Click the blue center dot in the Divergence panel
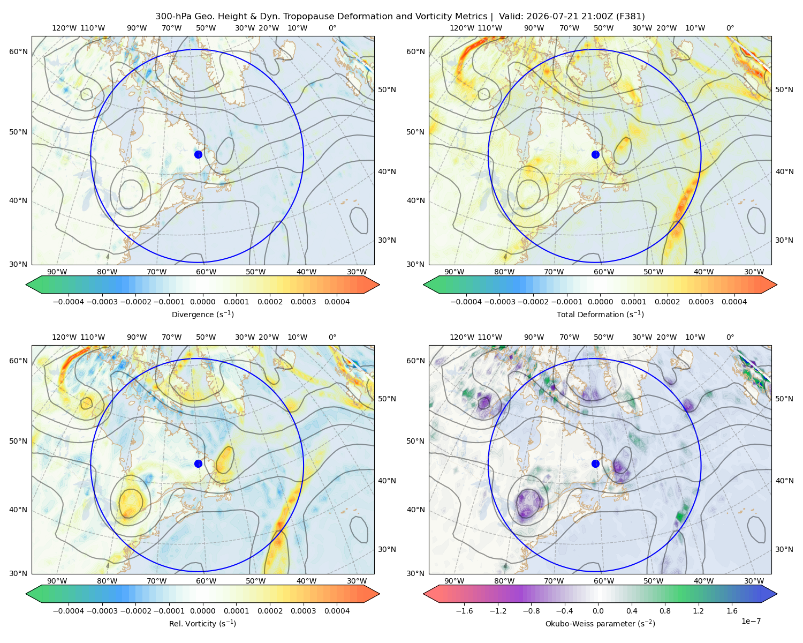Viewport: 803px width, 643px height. click(x=198, y=154)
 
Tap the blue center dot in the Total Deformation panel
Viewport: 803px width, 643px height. click(x=595, y=154)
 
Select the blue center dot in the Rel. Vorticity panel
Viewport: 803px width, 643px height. click(x=198, y=463)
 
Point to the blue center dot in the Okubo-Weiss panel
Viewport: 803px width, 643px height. click(x=595, y=463)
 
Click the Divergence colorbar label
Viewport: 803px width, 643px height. click(x=202, y=315)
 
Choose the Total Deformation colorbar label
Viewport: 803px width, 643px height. click(x=600, y=315)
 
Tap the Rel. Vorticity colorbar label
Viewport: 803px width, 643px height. click(x=202, y=624)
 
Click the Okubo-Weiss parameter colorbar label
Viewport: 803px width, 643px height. click(x=600, y=624)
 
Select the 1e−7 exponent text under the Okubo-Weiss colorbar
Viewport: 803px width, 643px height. click(x=751, y=621)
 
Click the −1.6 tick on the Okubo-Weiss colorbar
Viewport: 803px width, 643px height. click(x=464, y=611)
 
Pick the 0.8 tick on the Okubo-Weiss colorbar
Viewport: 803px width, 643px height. click(x=665, y=611)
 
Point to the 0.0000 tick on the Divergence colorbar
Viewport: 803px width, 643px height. click(x=202, y=302)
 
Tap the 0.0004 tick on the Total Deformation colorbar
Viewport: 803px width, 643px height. click(x=734, y=302)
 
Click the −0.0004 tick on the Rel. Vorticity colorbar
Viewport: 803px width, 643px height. click(x=69, y=611)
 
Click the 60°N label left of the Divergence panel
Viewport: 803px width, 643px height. click(x=18, y=51)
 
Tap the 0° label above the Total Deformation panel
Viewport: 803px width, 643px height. click(x=730, y=28)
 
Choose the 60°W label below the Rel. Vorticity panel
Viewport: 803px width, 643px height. click(x=206, y=581)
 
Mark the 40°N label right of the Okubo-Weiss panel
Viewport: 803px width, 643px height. click(x=784, y=481)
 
